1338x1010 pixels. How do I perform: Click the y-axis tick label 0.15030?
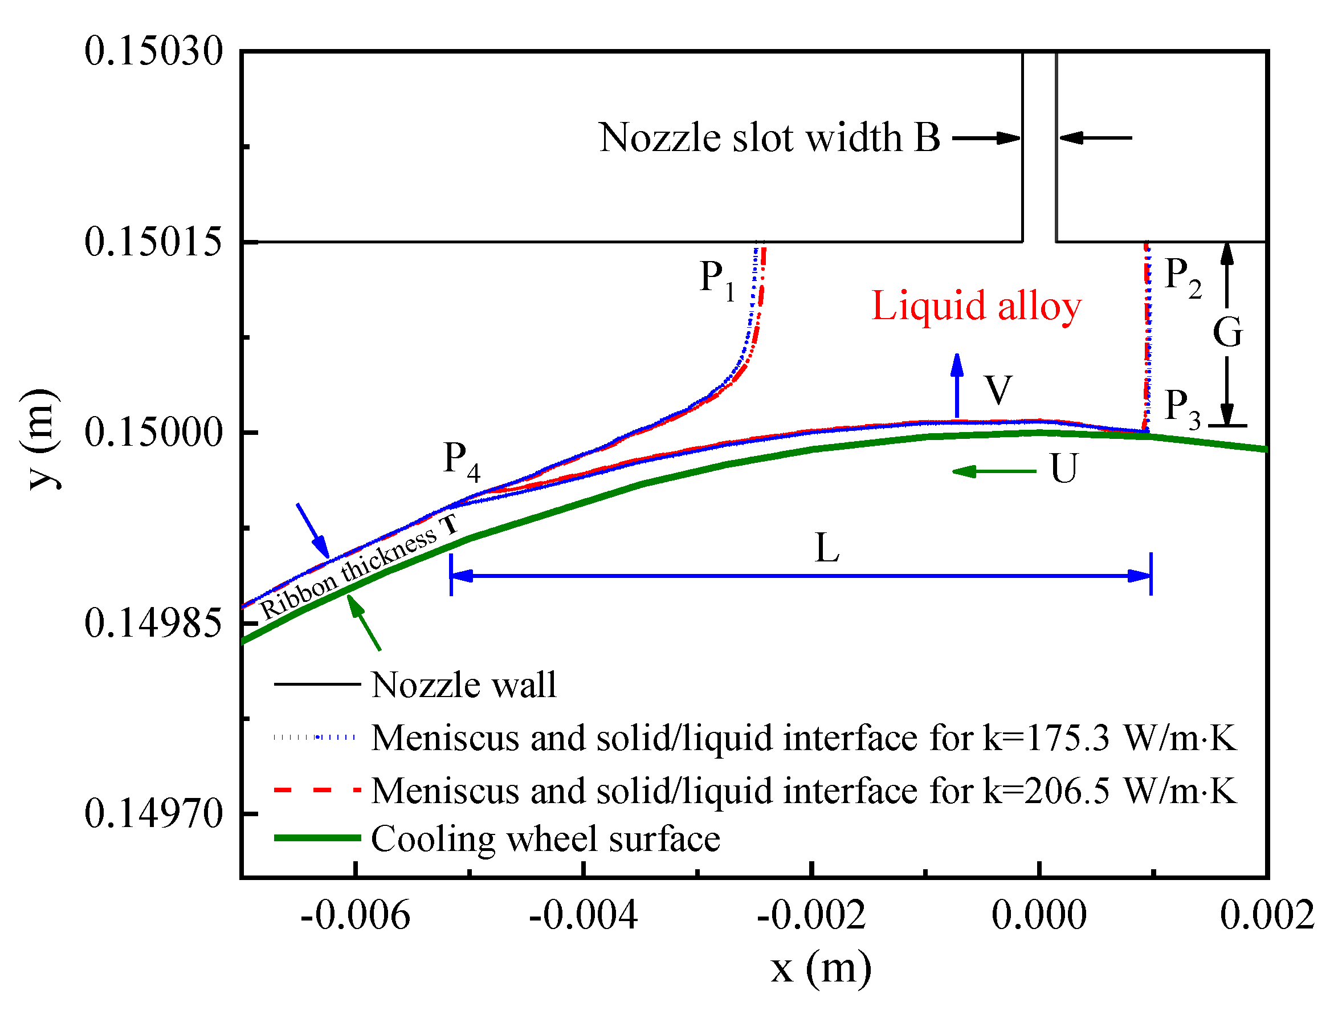tap(154, 51)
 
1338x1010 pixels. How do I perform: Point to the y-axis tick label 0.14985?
tap(154, 624)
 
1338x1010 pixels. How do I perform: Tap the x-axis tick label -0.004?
tap(583, 915)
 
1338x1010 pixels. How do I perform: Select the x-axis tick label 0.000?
tap(1039, 915)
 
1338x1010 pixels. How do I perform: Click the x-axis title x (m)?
tap(821, 968)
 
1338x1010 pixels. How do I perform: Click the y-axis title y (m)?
tap(41, 439)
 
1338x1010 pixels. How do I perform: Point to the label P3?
tap(1182, 408)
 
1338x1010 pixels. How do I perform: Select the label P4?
tap(462, 460)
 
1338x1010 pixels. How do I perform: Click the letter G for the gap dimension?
tap(1227, 332)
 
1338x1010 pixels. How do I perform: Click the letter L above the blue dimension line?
tap(826, 548)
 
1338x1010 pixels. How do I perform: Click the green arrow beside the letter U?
tap(994, 471)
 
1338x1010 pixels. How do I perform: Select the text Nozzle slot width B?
tap(769, 137)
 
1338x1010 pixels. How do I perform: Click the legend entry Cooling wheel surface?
tap(545, 840)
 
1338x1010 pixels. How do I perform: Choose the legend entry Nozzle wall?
tap(463, 685)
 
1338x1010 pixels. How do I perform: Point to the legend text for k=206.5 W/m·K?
tap(804, 791)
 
